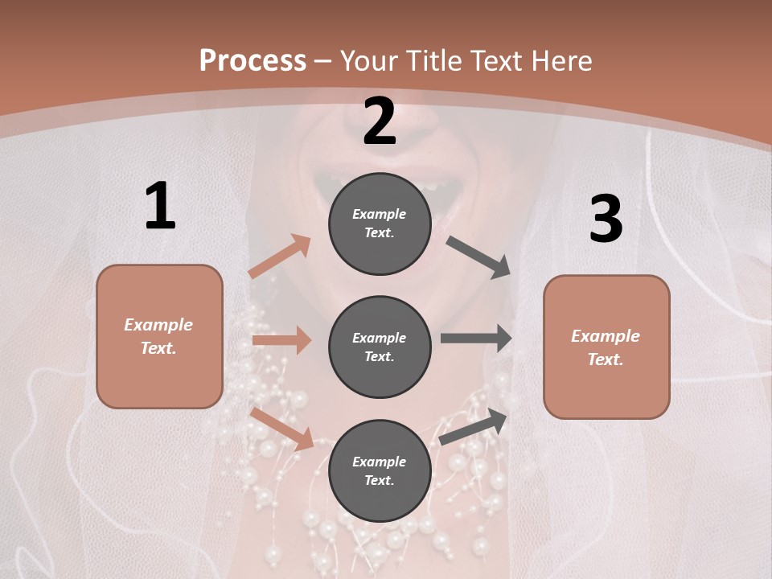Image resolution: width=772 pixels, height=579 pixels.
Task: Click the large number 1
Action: point(160,207)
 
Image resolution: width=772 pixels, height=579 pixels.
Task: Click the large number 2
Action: point(380,121)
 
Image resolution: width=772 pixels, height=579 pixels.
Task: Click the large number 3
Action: point(606,219)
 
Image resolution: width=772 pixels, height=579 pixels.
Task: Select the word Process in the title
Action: point(253,60)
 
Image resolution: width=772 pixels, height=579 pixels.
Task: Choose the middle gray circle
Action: point(380,347)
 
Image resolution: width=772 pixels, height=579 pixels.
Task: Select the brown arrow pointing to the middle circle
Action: point(281,340)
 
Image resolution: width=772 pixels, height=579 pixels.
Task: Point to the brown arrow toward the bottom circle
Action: point(281,428)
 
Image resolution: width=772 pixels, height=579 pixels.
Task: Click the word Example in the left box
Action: point(158,325)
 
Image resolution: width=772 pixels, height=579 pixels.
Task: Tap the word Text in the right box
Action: point(605,359)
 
